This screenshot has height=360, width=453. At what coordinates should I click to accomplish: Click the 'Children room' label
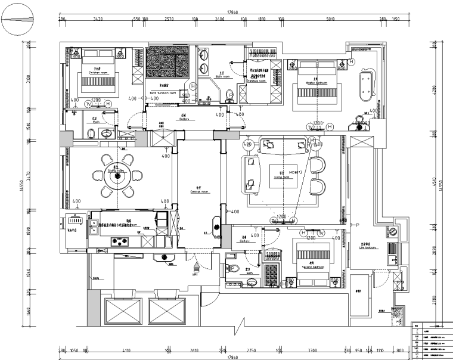(98, 72)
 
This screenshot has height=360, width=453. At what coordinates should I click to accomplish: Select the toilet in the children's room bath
(106, 133)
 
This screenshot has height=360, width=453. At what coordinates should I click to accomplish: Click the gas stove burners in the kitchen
(122, 241)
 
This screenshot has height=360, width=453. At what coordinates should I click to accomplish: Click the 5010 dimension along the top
(330, 19)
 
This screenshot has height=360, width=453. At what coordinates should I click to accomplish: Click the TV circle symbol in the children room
(89, 104)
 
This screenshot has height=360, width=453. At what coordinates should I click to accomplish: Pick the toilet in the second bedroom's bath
(234, 269)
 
